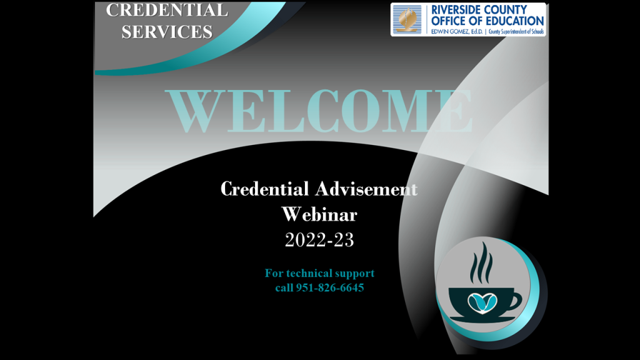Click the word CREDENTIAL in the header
[x=167, y=10]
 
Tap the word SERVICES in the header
[x=167, y=32]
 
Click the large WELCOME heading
[x=319, y=111]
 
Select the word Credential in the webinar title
[x=264, y=189]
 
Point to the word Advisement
[x=366, y=189]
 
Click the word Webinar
[x=319, y=214]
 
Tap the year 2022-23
[x=319, y=239]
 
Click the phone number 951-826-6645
[x=330, y=287]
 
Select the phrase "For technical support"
[x=319, y=273]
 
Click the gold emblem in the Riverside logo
[x=407, y=19]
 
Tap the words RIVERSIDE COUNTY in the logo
[x=479, y=9]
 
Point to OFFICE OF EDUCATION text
[x=487, y=21]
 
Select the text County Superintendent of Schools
[x=516, y=31]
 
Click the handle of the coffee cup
[x=516, y=301]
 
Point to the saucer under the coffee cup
[x=482, y=318]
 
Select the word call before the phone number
[x=284, y=287]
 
